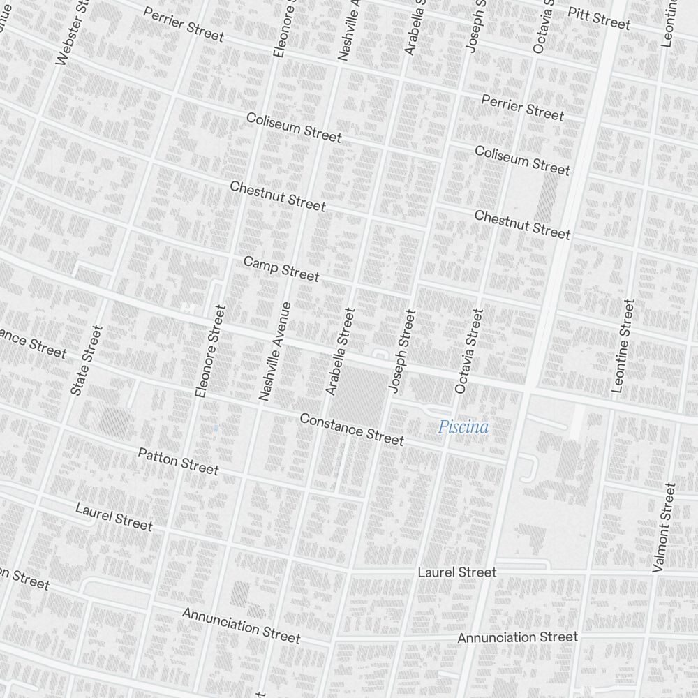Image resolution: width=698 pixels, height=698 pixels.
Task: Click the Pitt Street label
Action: click(599, 18)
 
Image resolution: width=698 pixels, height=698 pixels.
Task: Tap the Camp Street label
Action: click(281, 269)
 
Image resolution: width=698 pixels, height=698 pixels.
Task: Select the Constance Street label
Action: click(351, 429)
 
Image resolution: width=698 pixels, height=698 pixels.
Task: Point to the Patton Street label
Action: click(178, 461)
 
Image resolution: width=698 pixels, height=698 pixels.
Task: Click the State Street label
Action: click(87, 361)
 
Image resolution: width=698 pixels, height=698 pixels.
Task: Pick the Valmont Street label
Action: click(664, 528)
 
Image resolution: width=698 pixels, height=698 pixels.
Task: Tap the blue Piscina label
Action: click(463, 427)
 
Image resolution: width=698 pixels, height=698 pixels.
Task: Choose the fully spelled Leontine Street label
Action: click(623, 346)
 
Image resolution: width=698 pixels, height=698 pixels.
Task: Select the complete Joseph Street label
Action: click(403, 351)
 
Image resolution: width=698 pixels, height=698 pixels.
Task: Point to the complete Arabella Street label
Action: click(340, 352)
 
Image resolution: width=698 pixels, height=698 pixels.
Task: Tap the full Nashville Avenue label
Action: click(274, 351)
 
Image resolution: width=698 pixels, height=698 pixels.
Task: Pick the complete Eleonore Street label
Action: click(211, 352)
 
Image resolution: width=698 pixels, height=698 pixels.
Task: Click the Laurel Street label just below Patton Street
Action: click(114, 516)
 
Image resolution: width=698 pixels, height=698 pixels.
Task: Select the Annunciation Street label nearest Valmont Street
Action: click(517, 637)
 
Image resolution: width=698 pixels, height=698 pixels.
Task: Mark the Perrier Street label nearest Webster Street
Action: click(184, 24)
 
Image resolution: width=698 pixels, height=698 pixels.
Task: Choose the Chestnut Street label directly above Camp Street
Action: click(277, 196)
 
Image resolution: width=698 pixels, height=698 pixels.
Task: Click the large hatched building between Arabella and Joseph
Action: click(359, 394)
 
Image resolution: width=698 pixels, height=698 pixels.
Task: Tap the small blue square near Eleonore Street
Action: click(216, 427)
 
